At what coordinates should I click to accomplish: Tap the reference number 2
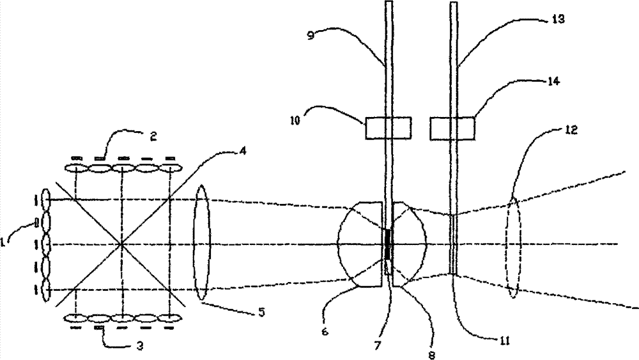(153, 136)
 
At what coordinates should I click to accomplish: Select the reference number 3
(139, 346)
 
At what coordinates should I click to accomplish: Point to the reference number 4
(242, 152)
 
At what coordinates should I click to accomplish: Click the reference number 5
(261, 312)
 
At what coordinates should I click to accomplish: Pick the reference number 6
(325, 331)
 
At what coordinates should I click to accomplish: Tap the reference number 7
(378, 346)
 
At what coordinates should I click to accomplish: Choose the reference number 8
(432, 355)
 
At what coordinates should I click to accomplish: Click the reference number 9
(311, 35)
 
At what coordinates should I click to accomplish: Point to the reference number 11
(505, 340)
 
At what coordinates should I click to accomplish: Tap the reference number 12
(571, 130)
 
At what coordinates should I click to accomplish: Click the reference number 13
(558, 19)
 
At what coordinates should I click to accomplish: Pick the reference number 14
(553, 81)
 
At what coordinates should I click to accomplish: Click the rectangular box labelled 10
(388, 128)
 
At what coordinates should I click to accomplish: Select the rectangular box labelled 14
(452, 128)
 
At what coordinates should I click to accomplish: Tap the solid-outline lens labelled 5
(203, 243)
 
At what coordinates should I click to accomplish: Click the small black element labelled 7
(388, 244)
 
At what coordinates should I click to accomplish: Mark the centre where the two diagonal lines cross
(121, 245)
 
